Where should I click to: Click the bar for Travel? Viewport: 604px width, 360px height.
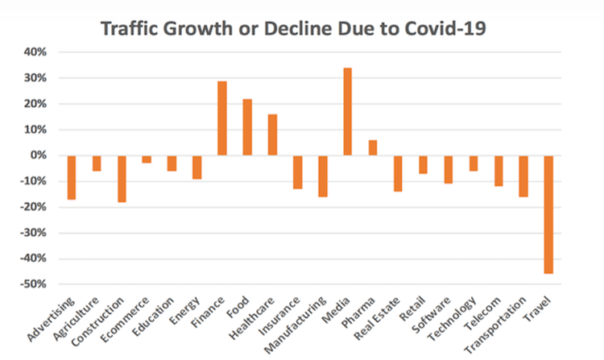[x=549, y=214]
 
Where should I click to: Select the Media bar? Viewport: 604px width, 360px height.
[x=347, y=112]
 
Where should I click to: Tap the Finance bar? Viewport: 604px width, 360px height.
[x=221, y=118]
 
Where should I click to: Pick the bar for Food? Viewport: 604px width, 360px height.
[x=247, y=127]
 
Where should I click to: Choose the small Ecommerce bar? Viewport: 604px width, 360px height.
[x=147, y=159]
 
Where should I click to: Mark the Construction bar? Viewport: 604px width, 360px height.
[x=122, y=179]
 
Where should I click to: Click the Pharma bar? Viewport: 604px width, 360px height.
[x=373, y=147]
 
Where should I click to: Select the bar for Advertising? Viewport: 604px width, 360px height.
[x=72, y=177]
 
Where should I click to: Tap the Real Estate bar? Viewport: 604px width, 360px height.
[x=398, y=173]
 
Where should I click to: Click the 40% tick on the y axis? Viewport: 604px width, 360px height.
[x=37, y=52]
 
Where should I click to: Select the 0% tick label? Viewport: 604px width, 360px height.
[x=39, y=155]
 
